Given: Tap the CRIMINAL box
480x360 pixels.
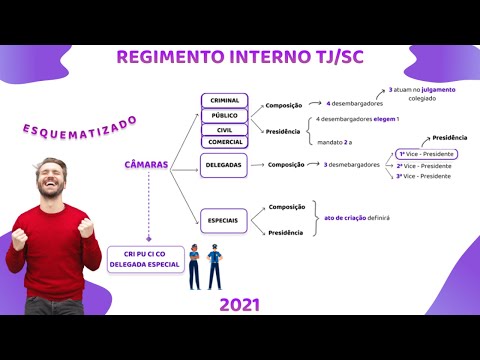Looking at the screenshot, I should pyautogui.click(x=225, y=101).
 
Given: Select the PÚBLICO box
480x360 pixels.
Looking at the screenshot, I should pyautogui.click(x=225, y=115).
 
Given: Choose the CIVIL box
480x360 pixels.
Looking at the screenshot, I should pyautogui.click(x=225, y=129).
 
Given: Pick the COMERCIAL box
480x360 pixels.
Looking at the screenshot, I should pyautogui.click(x=225, y=142).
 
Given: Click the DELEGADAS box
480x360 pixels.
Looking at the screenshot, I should pyautogui.click(x=223, y=165).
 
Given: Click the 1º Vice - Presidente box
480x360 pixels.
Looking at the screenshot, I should pyautogui.click(x=426, y=154).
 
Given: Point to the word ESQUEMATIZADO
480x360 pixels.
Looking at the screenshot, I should pyautogui.click(x=79, y=131).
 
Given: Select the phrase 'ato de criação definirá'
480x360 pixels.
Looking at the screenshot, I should pyautogui.click(x=357, y=217).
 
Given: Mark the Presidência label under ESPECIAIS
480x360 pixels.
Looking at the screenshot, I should pyautogui.click(x=286, y=233).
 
